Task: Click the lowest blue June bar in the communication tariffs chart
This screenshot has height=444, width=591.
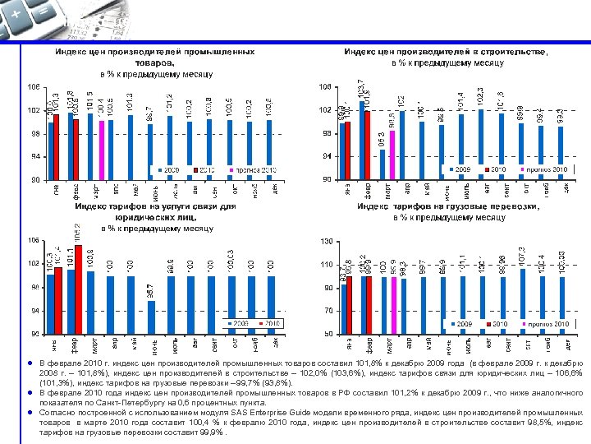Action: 151,317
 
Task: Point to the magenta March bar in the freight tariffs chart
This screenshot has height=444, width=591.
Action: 393,305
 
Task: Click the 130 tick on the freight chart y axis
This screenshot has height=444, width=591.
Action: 326,241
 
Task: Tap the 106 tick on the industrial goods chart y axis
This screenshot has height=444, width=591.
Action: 34,86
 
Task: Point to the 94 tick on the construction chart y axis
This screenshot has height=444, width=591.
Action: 326,156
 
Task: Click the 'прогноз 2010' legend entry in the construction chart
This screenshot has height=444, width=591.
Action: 546,169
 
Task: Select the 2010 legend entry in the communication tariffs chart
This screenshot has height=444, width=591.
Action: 272,324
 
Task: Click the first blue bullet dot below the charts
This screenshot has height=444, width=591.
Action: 30,363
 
